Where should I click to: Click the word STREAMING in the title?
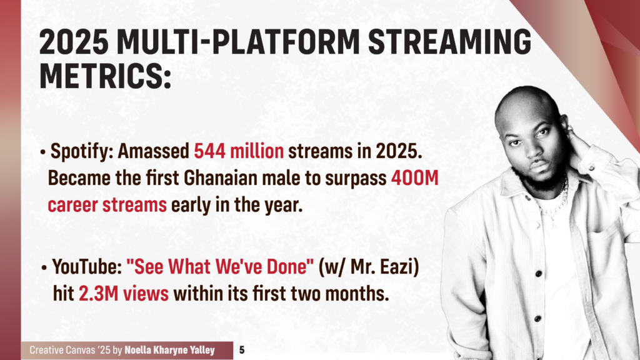coord(450,42)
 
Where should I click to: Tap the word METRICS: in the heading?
coord(105,76)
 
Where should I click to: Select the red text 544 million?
coord(239,151)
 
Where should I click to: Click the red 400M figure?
coord(415,178)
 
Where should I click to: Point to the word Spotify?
coord(82,152)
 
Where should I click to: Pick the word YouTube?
coord(87,267)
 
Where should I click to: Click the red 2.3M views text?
coord(124,294)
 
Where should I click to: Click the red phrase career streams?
coord(107,205)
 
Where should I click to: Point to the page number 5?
coord(242,350)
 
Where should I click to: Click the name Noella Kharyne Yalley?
coord(169,350)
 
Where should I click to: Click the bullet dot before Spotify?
coord(43,152)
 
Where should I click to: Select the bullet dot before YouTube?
coord(44,269)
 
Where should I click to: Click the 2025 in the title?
coord(74,42)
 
